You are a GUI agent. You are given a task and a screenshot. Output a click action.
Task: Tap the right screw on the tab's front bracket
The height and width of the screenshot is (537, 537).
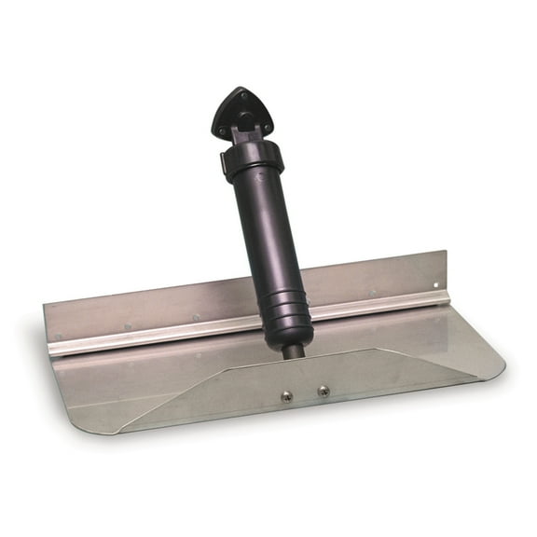click(323, 391)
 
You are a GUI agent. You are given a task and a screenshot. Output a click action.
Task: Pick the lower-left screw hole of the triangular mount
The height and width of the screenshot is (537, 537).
click(219, 129)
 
